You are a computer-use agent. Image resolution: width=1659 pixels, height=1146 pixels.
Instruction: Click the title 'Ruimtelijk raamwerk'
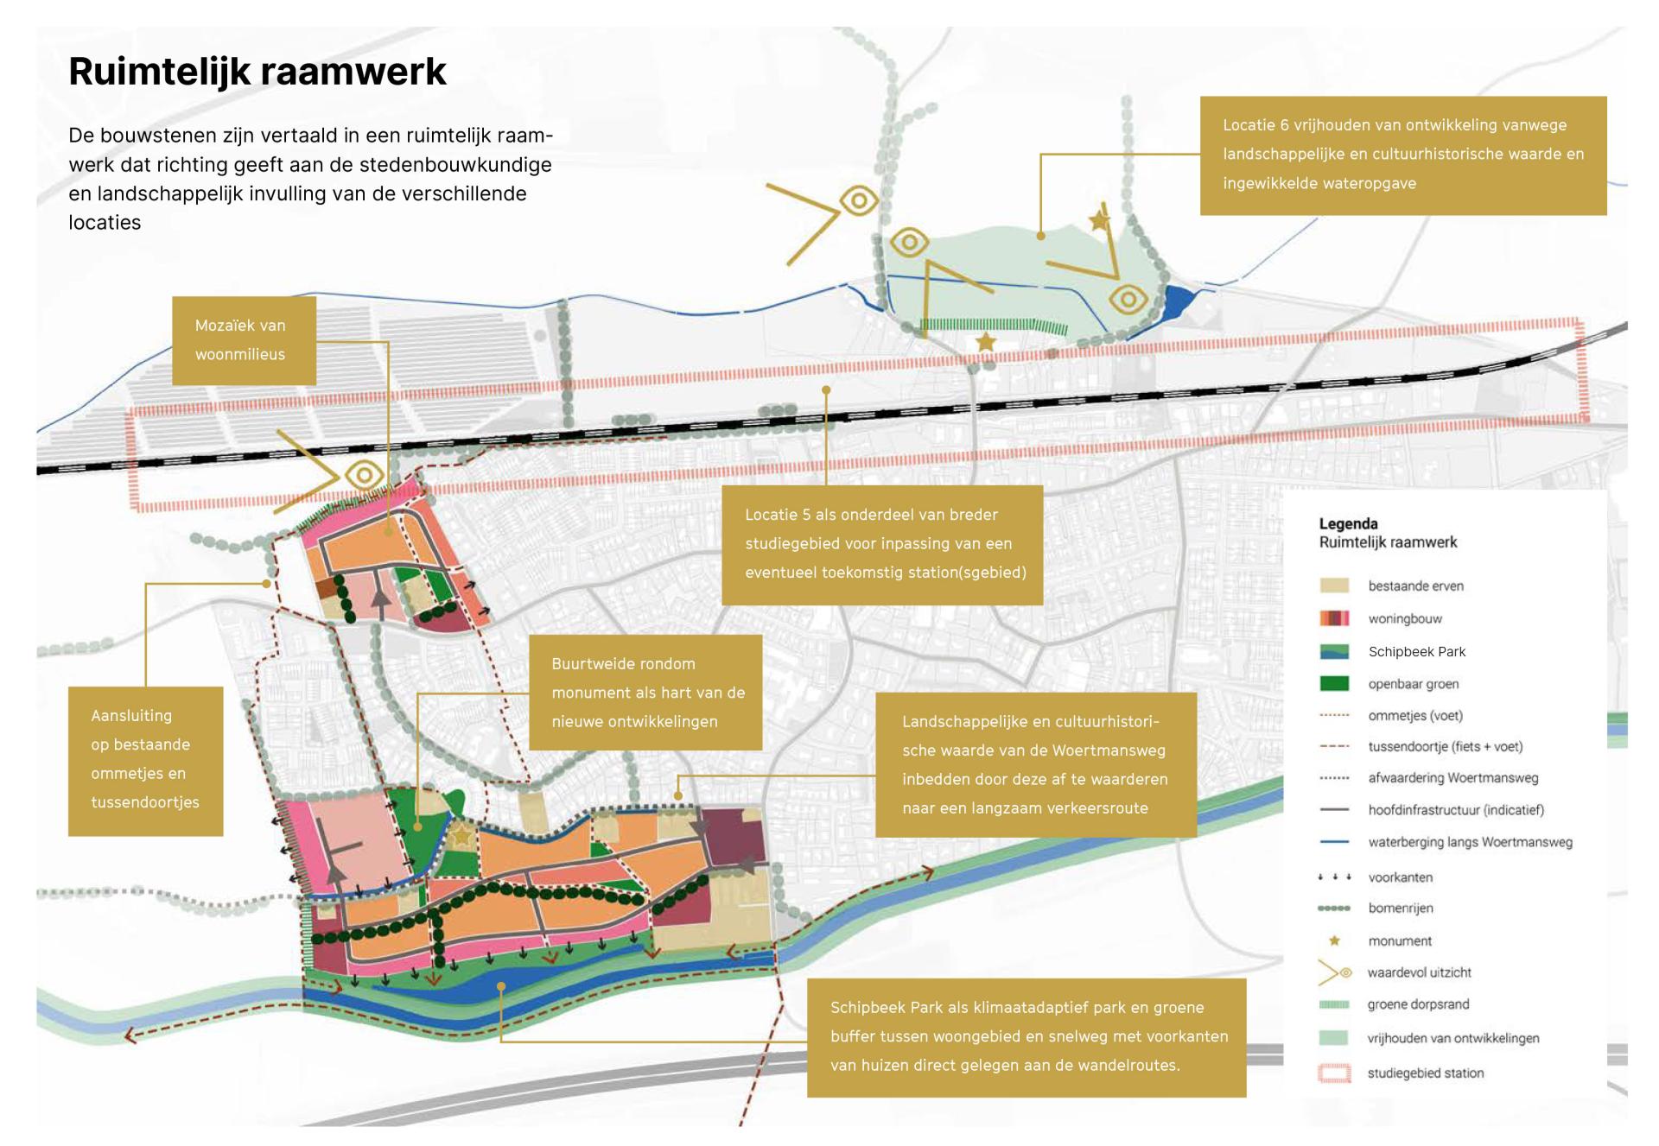[x=257, y=72]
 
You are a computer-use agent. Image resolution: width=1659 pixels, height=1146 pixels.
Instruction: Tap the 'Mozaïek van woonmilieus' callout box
[x=244, y=340]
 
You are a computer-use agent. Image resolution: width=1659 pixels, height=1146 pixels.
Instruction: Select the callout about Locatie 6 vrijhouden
[x=1402, y=155]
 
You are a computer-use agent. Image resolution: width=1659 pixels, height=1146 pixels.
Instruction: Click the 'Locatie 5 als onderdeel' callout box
[x=882, y=544]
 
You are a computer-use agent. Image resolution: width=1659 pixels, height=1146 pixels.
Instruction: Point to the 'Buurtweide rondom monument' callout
[x=645, y=693]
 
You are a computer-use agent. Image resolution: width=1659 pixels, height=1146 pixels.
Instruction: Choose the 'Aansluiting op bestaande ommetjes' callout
[x=145, y=760]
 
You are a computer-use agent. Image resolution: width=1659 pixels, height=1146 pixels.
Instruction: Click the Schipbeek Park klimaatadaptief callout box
[x=1026, y=1036]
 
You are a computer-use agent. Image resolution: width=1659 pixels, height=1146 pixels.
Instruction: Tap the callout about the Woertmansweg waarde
[x=1035, y=765]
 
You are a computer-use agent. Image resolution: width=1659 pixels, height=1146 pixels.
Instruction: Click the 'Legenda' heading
[x=1348, y=523]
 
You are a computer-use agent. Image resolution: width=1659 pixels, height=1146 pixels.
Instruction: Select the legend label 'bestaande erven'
[x=1415, y=586]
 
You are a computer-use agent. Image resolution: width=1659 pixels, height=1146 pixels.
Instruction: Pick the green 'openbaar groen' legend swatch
[x=1334, y=684]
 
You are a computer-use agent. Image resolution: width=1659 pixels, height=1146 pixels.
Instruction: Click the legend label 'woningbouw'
[x=1405, y=619]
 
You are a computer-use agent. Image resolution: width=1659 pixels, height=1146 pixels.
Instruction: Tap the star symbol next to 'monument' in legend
[x=1334, y=940]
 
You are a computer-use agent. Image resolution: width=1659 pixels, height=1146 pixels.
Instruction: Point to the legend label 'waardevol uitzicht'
[x=1419, y=972]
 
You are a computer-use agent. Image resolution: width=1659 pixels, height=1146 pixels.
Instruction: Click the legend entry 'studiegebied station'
[x=1425, y=1073]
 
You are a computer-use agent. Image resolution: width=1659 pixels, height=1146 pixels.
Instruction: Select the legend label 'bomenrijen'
[x=1400, y=909]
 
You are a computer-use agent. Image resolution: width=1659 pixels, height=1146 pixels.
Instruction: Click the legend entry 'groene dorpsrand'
[x=1418, y=1004]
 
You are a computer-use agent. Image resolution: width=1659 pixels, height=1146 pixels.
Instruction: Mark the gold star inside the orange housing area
[x=462, y=835]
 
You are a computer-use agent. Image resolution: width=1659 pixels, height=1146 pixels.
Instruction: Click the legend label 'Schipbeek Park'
[x=1416, y=652]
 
